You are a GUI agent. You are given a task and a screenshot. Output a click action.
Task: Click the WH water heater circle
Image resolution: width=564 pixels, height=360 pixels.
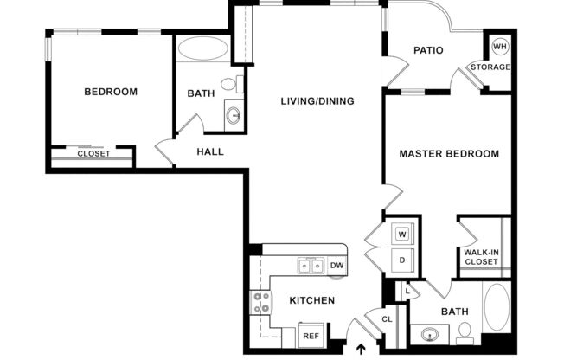pyautogui.click(x=499, y=47)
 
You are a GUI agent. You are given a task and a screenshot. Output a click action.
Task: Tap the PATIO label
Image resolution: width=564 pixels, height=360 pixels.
pyautogui.click(x=427, y=50)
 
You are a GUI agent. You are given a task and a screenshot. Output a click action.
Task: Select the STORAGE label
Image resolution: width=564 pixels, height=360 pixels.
pyautogui.click(x=490, y=67)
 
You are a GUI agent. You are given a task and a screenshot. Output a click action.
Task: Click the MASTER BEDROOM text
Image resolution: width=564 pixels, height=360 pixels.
pyautogui.click(x=448, y=154)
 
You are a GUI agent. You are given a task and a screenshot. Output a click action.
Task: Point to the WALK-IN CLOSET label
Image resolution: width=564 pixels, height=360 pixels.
pyautogui.click(x=481, y=257)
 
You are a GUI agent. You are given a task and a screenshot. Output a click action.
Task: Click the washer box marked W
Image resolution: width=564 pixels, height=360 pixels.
pyautogui.click(x=402, y=234)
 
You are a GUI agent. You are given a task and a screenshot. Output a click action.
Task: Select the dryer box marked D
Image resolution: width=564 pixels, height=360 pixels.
pyautogui.click(x=402, y=260)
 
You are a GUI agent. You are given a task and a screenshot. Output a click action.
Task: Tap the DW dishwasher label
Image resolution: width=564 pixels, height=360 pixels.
pyautogui.click(x=336, y=266)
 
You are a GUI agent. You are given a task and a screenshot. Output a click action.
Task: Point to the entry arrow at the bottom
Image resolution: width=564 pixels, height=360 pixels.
pyautogui.click(x=361, y=350)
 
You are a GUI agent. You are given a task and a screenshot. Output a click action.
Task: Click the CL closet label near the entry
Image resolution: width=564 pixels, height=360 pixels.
pyautogui.click(x=387, y=319)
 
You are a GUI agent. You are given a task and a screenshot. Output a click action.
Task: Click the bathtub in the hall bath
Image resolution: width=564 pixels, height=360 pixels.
pyautogui.click(x=204, y=48)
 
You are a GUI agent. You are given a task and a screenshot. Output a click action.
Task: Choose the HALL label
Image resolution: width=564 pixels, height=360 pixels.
pyautogui.click(x=209, y=151)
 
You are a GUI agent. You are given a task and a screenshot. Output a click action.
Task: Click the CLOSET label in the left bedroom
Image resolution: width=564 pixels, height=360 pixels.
pyautogui.click(x=93, y=154)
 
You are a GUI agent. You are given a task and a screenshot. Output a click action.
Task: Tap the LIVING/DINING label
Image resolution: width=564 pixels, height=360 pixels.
pyautogui.click(x=317, y=101)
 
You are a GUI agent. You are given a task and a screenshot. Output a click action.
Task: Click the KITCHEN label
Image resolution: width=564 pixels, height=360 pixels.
pyautogui.click(x=311, y=300)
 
